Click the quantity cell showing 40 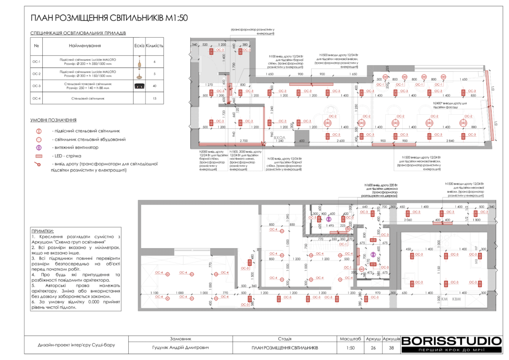click(155, 86)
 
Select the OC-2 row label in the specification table click(36, 74)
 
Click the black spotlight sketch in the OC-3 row click(139, 87)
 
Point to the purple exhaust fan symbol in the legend click(38, 148)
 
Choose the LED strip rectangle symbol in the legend click(38, 157)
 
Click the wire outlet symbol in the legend click(38, 164)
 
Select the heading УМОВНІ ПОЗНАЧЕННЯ click(53, 120)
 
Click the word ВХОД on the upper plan click(280, 135)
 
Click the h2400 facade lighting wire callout click(450, 105)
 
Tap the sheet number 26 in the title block click(373, 348)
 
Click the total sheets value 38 click(391, 348)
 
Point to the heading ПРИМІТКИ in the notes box click(42, 231)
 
